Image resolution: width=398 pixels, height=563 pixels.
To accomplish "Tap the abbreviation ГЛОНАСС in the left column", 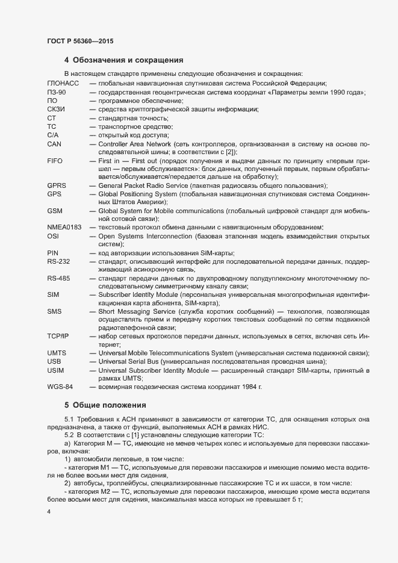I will pyautogui.click(x=63, y=82).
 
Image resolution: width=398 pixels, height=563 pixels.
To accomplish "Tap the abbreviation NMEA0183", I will pyautogui.click(x=64, y=226).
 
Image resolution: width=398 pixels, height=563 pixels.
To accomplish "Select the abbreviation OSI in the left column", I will pyautogui.click(x=52, y=235).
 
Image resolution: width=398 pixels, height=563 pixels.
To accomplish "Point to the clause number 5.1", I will pyautogui.click(x=68, y=418).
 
